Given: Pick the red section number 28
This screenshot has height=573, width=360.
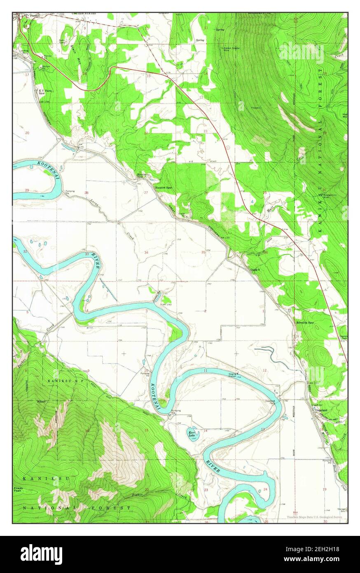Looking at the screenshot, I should [86, 193].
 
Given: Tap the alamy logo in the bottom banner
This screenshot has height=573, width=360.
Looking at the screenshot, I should [41, 554].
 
